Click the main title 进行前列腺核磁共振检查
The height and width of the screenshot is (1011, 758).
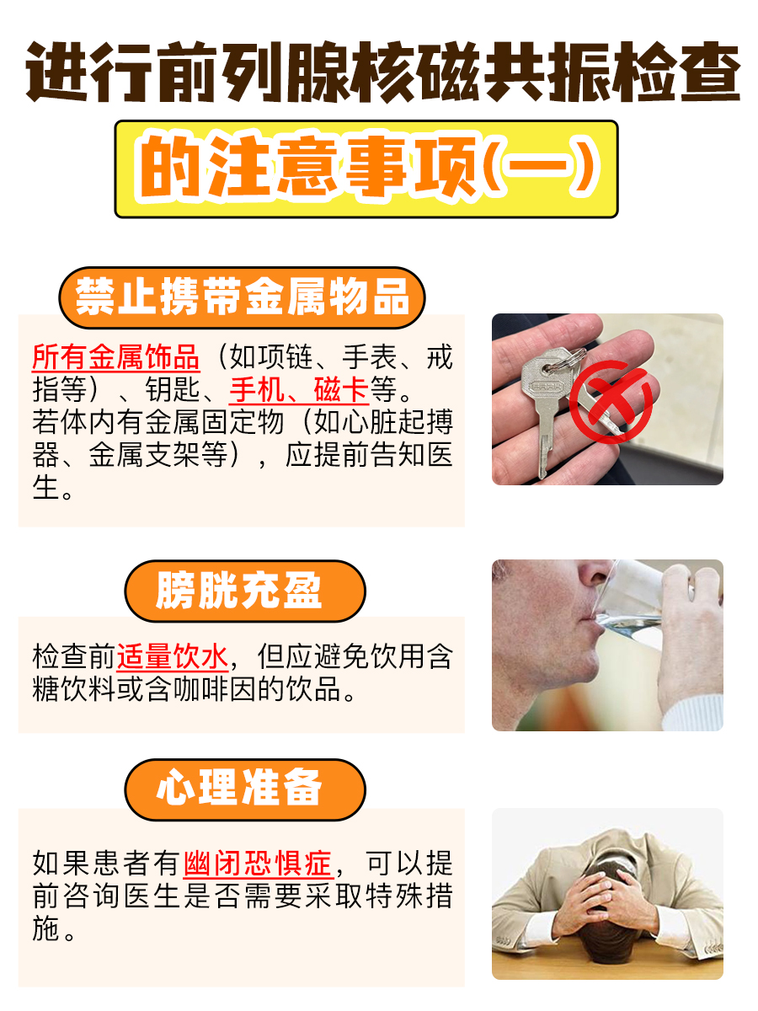click(x=379, y=74)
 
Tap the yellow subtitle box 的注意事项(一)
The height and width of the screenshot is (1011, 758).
click(x=366, y=168)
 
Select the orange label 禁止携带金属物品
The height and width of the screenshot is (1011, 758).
click(x=242, y=297)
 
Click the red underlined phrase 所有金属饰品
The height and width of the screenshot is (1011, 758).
click(x=116, y=357)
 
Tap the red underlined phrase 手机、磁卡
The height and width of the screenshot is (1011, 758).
click(x=299, y=389)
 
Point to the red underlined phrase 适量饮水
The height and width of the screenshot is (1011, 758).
click(x=172, y=656)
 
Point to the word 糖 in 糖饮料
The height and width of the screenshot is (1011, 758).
click(x=46, y=690)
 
